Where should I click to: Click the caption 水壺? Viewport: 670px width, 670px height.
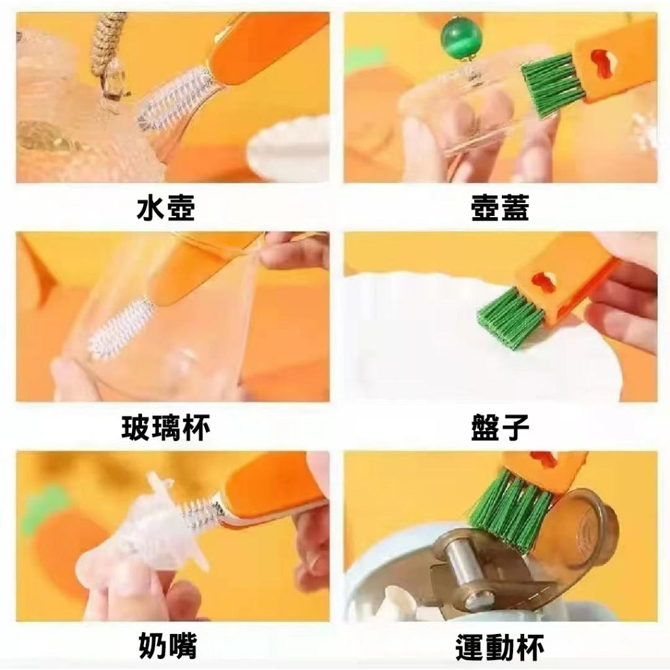pyautogui.click(x=166, y=208)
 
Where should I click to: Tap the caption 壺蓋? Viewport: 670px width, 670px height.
pyautogui.click(x=499, y=208)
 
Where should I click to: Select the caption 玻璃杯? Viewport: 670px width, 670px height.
pyautogui.click(x=166, y=428)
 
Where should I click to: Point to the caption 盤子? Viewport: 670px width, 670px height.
pyautogui.click(x=499, y=428)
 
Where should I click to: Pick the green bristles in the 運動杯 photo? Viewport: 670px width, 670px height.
pyautogui.click(x=510, y=504)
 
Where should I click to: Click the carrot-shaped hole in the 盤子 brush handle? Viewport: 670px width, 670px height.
pyautogui.click(x=544, y=283)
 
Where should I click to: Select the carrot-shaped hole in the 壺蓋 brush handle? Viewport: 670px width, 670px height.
pyautogui.click(x=602, y=64)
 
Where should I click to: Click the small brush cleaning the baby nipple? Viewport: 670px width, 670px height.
pyautogui.click(x=200, y=513)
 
